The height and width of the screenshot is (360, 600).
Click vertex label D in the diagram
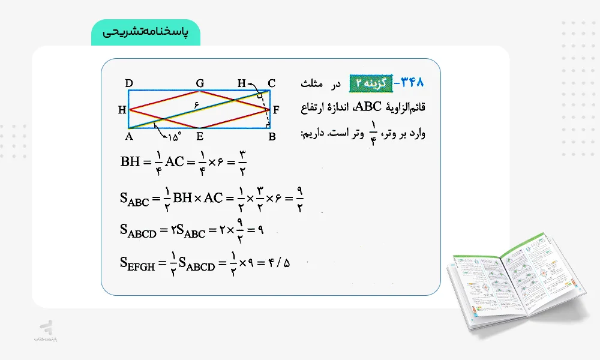tap(128, 83)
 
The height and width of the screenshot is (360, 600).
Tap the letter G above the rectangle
tap(200, 83)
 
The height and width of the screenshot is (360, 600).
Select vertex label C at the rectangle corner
tap(271, 83)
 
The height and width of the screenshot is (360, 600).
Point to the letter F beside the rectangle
tap(276, 110)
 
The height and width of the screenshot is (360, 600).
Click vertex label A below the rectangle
tap(129, 136)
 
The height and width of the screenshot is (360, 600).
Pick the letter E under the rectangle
tap(200, 136)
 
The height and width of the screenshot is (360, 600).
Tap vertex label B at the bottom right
tap(272, 136)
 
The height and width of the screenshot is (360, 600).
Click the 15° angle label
tap(173, 137)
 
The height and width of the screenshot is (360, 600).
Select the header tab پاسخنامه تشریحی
tap(145, 32)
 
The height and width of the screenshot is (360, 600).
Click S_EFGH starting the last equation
tap(137, 264)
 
